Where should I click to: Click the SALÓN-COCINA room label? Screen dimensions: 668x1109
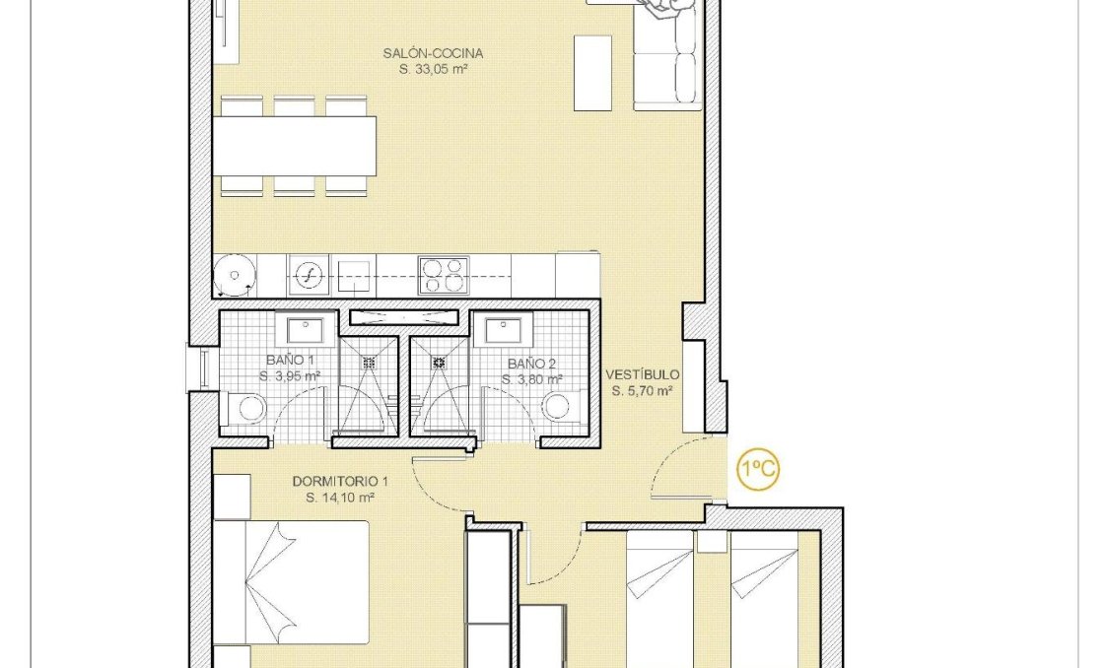click(x=433, y=54)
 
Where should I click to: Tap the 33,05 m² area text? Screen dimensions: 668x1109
click(x=433, y=70)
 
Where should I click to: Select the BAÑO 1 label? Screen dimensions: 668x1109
click(x=289, y=361)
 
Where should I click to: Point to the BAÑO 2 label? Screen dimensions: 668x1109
click(x=531, y=364)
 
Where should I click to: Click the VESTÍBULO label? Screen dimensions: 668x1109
click(x=642, y=375)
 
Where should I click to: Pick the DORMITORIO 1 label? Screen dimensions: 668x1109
click(x=333, y=482)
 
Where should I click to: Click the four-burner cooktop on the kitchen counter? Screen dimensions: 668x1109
click(x=443, y=274)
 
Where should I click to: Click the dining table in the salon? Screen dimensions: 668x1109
click(x=296, y=146)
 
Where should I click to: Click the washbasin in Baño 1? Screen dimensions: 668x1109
click(x=306, y=331)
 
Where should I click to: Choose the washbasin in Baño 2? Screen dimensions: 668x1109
click(x=503, y=332)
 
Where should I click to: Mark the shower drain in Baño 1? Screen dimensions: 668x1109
click(x=370, y=363)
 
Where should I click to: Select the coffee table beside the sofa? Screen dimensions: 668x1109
click(x=592, y=73)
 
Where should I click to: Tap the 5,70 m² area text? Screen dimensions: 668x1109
click(x=642, y=391)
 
